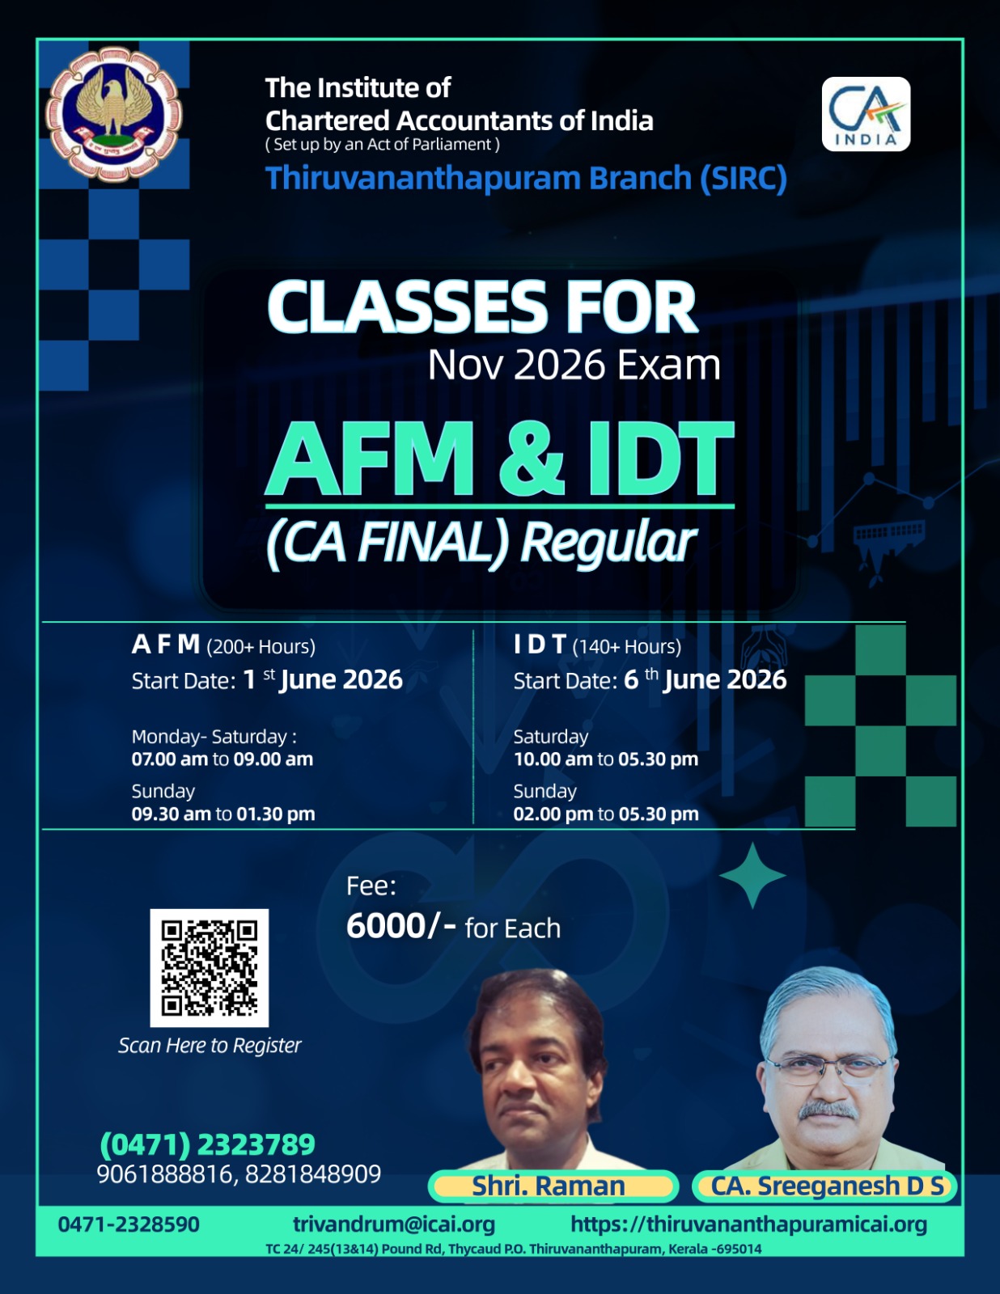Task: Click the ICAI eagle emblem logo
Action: coord(114,115)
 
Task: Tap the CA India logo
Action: coord(866,114)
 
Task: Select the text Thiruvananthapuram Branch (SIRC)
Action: coord(526,178)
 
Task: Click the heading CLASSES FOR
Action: coord(482,307)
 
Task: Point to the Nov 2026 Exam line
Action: coord(574,365)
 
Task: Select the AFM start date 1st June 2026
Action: coord(323,679)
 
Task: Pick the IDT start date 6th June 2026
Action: coord(705,679)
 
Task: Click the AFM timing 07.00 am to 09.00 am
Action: coord(222,759)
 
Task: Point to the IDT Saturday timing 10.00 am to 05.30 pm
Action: coord(606,759)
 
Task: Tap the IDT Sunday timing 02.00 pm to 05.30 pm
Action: coord(606,814)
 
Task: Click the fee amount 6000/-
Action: coord(401,926)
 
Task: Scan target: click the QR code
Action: coord(209,968)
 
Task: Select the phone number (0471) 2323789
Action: coord(207,1144)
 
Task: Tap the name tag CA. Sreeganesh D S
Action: coord(824,1186)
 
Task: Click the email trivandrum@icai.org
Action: coord(394,1224)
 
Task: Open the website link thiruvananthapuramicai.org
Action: coord(748,1224)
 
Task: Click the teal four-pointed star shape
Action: coord(752,875)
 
